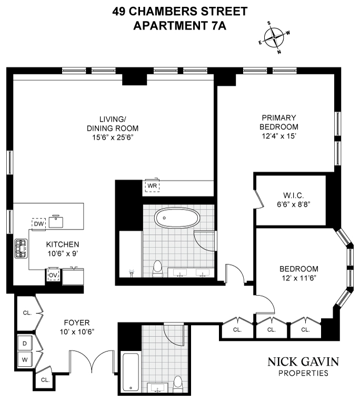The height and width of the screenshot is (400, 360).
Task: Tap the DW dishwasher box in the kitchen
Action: (x=39, y=224)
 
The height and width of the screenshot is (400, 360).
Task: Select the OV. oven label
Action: (x=53, y=275)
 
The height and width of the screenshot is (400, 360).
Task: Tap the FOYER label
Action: (x=76, y=322)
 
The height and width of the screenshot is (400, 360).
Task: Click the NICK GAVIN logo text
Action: (x=303, y=362)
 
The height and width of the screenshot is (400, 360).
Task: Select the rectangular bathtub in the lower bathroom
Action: (x=130, y=373)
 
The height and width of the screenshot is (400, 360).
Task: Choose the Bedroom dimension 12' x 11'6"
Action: (x=298, y=278)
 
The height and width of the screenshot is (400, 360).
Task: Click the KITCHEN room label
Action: (x=62, y=244)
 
